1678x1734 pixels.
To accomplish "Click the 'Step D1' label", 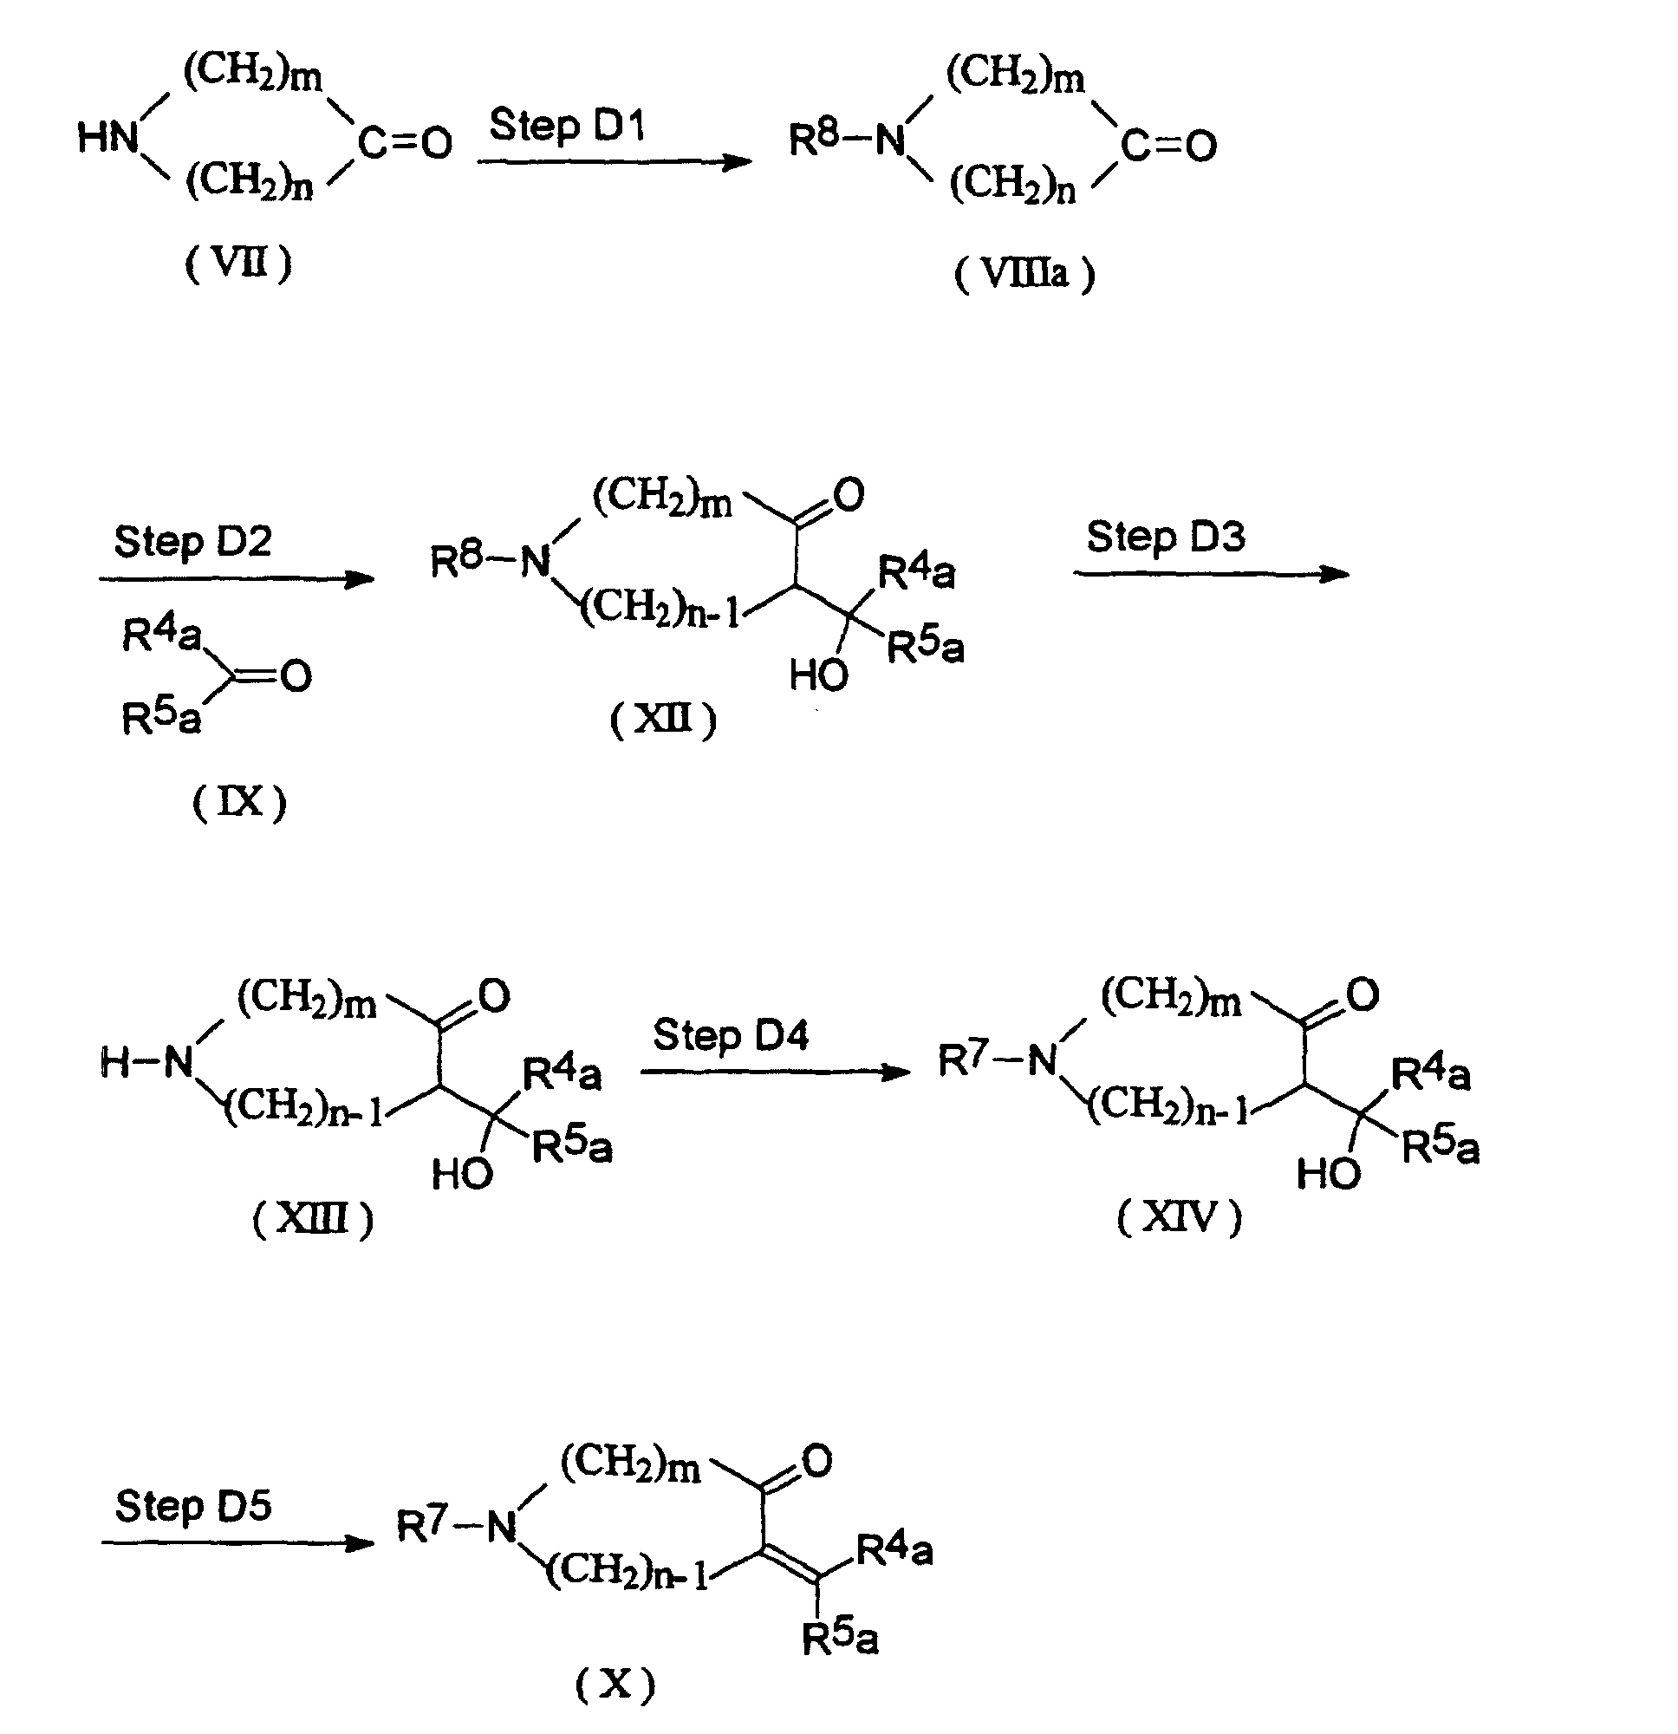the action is [567, 126].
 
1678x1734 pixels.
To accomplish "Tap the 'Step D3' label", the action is [1166, 538].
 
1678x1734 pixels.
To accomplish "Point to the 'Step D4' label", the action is [731, 1035].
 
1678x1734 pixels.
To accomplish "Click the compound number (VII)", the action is [238, 264].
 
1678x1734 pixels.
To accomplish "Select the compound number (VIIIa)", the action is [1024, 274].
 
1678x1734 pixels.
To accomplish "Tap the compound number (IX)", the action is [240, 803].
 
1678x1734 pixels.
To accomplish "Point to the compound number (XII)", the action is [663, 720].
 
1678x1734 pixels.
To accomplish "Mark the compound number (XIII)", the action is [313, 1219].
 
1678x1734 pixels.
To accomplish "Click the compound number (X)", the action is [615, 1685].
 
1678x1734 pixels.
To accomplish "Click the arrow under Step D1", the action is [615, 162].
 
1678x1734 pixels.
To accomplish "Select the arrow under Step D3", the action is [1212, 574].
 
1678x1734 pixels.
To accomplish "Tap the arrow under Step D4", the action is [776, 1072].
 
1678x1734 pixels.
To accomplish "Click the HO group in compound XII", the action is [818, 676].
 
